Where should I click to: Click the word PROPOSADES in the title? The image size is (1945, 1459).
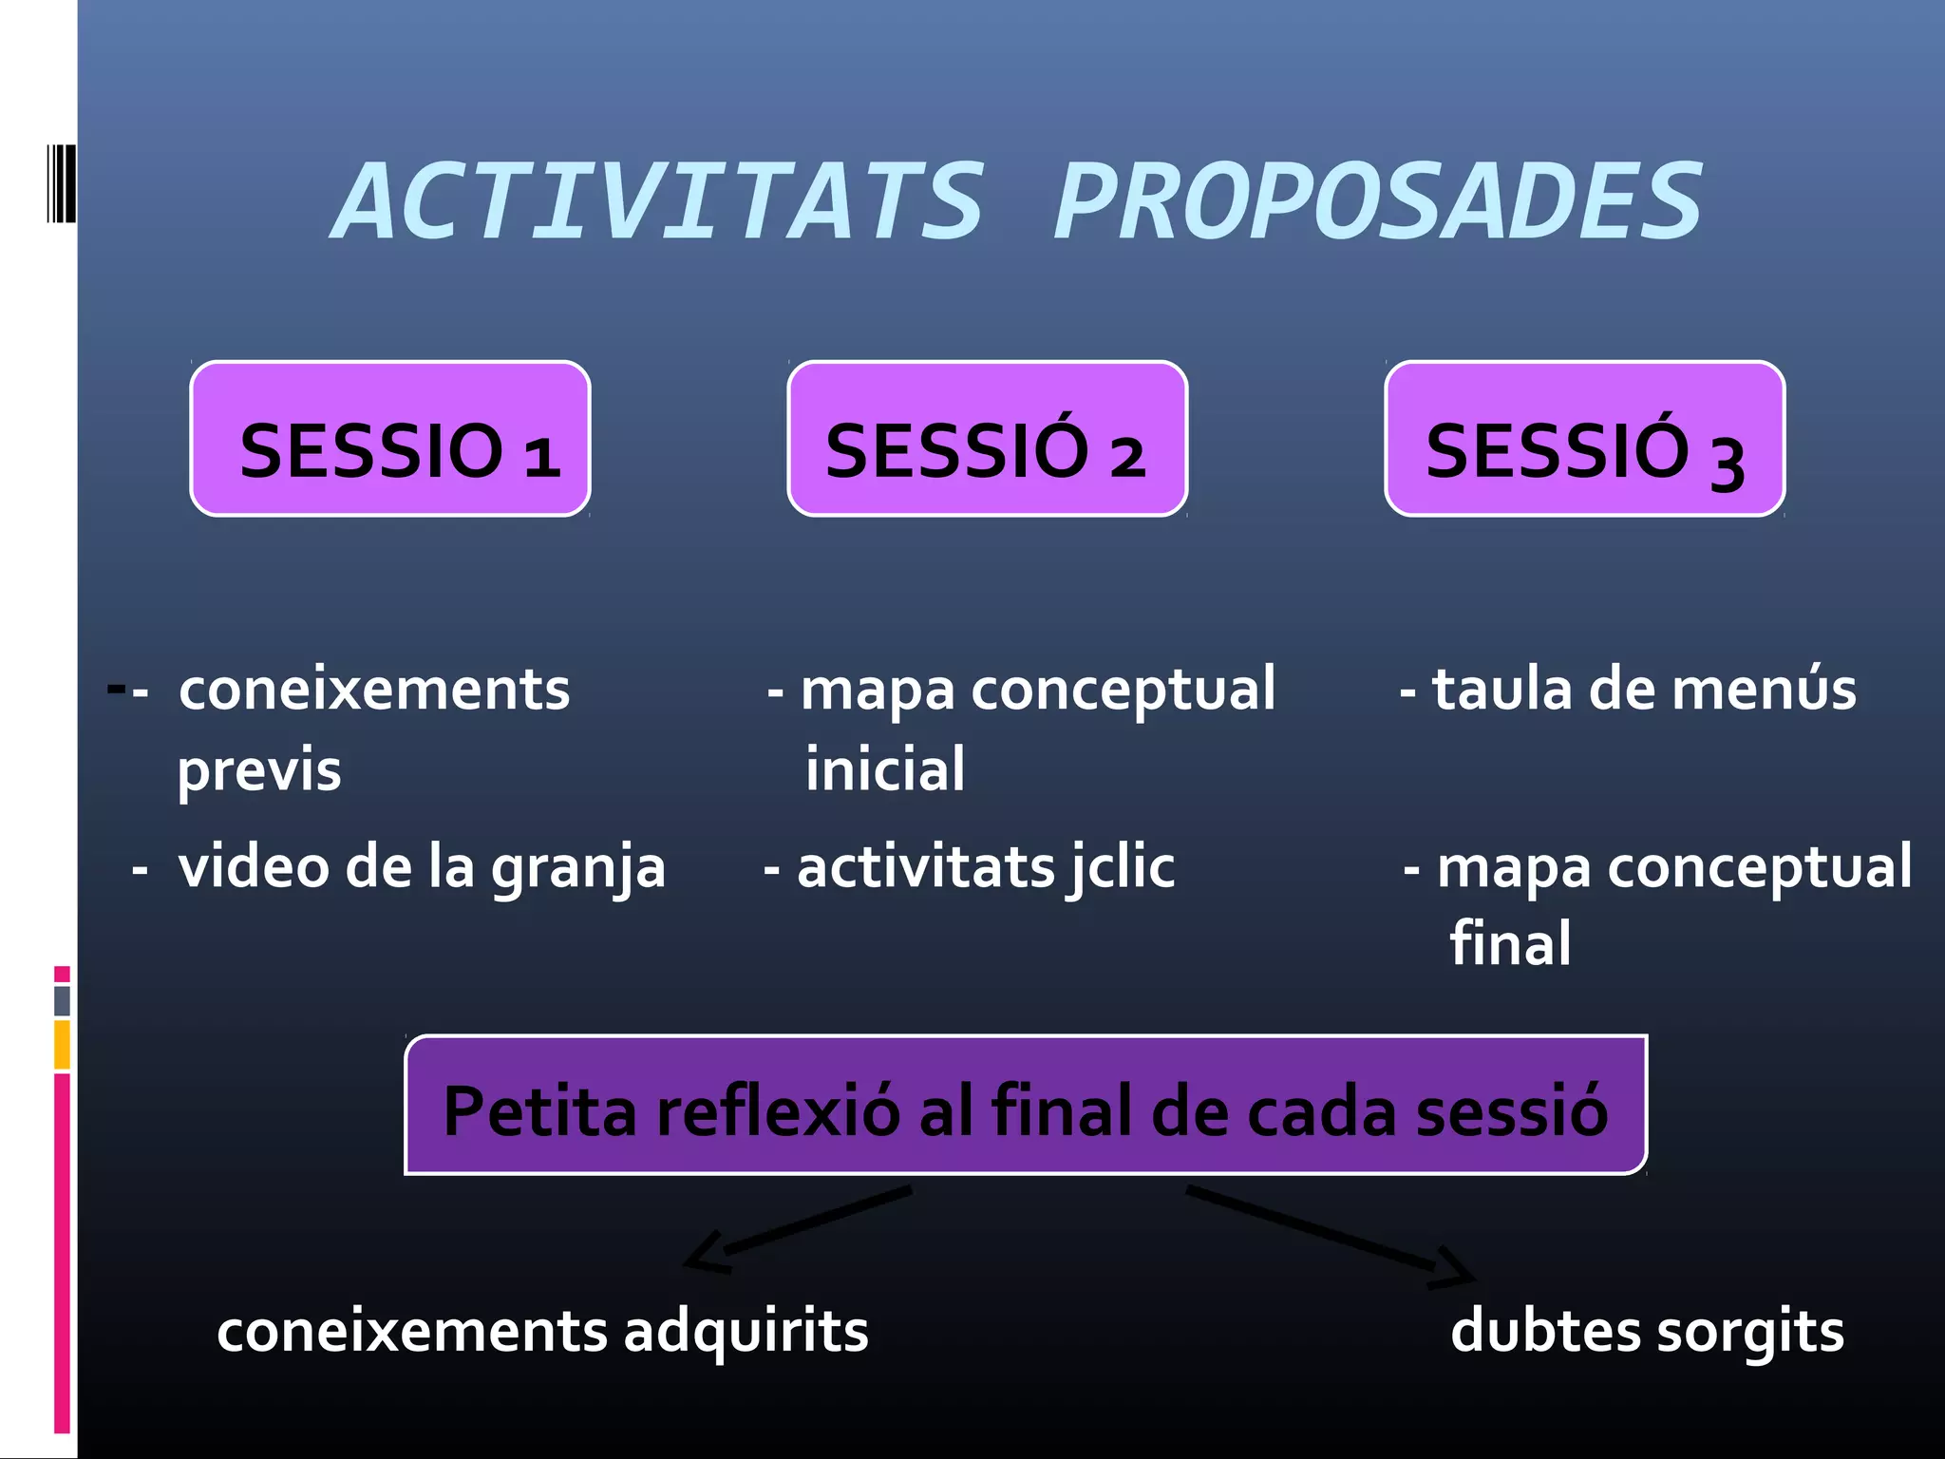point(1378,201)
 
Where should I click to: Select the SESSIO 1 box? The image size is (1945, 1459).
point(390,440)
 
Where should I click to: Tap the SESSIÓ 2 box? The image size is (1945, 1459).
point(987,440)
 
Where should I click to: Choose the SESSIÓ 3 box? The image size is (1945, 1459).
point(1584,440)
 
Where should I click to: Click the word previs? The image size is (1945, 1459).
point(259,770)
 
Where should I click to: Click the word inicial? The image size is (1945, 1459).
point(885,769)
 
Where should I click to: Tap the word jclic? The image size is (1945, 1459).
point(1121,868)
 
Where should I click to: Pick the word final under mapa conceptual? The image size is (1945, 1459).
point(1510,944)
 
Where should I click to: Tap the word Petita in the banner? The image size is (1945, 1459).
point(539,1110)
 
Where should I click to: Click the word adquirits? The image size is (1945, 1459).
point(746,1331)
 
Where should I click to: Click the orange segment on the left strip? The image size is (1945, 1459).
point(62,1044)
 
